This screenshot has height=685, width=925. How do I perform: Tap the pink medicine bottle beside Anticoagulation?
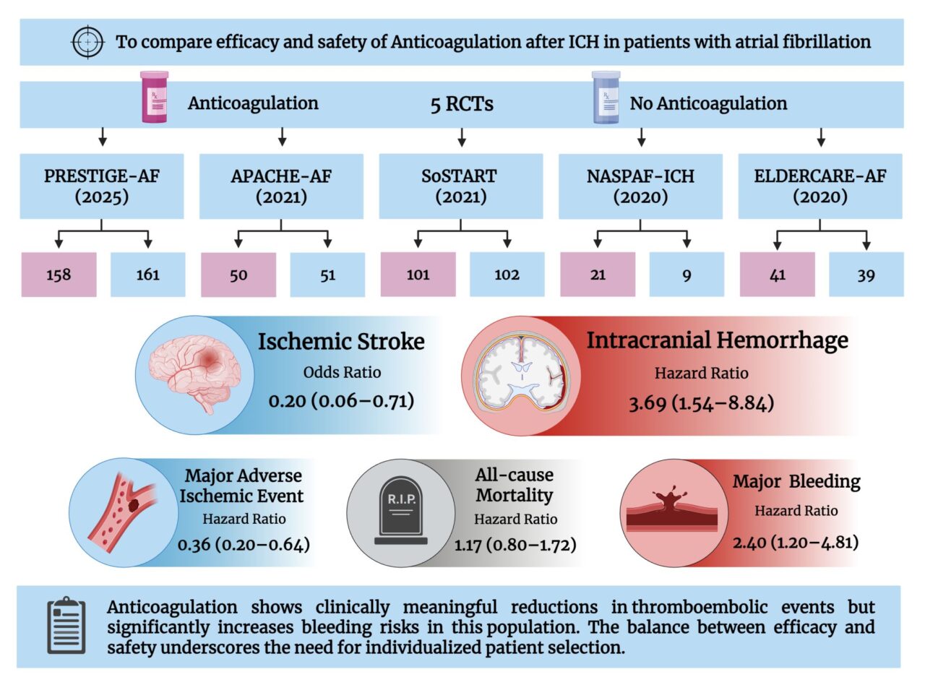[x=154, y=97]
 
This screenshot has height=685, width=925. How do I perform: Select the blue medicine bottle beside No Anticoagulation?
[x=604, y=97]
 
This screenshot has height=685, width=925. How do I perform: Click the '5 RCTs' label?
[x=461, y=104]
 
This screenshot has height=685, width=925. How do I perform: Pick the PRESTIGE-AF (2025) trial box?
[x=102, y=186]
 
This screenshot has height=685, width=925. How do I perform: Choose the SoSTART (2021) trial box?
[x=461, y=186]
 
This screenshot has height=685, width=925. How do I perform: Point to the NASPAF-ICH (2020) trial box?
[x=641, y=186]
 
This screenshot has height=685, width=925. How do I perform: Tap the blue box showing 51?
[x=327, y=275]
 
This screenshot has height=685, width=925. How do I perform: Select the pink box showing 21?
[x=598, y=275]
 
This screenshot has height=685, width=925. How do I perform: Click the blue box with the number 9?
[x=687, y=275]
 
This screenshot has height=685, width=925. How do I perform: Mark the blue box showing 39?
[x=866, y=275]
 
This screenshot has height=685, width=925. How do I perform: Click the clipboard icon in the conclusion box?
[x=66, y=625]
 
